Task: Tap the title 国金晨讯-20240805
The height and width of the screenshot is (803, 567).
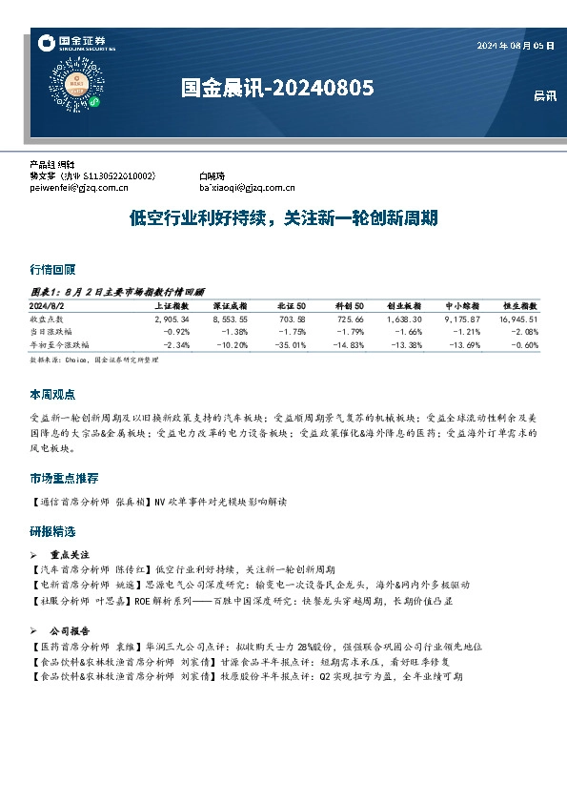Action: pos(276,88)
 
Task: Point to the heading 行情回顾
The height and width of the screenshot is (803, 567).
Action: pos(52,270)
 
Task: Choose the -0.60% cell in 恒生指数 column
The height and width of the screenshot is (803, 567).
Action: pos(524,343)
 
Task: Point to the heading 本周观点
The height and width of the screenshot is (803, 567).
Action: pos(52,394)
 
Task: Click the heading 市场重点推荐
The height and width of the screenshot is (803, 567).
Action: pos(64,478)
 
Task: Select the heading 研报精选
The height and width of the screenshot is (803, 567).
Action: pos(52,531)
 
